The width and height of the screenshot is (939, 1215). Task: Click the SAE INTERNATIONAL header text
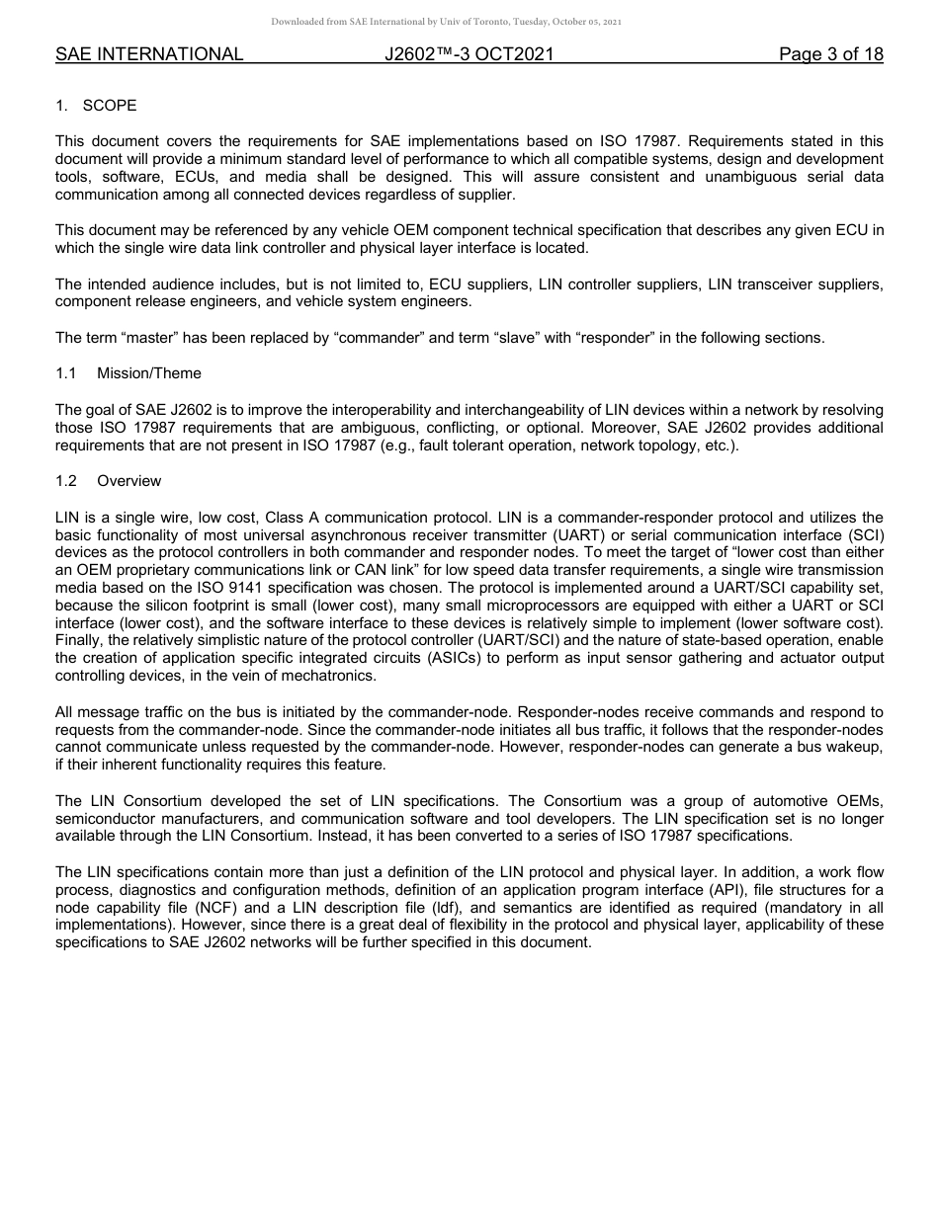(x=149, y=54)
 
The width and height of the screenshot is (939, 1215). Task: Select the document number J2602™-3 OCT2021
(x=469, y=54)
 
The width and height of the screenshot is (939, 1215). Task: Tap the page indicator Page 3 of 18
(x=830, y=54)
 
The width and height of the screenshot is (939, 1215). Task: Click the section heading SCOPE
(x=109, y=106)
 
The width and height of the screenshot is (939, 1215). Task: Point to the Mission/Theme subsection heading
(x=148, y=373)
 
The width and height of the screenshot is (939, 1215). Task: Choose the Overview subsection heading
(x=128, y=481)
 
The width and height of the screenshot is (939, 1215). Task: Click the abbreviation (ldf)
(x=443, y=908)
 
